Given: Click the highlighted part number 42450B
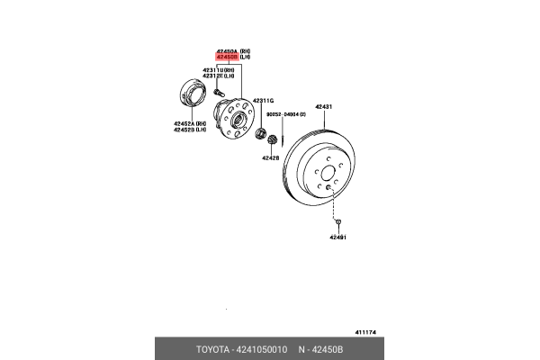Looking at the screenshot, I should click(226, 57).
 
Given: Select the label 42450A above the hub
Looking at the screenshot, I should click(226, 50).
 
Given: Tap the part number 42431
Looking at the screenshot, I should click(323, 107).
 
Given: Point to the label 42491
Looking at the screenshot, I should click(337, 237).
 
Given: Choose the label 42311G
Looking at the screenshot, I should click(262, 100).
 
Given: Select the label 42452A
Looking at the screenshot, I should click(188, 123).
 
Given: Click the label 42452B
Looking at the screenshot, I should click(188, 130).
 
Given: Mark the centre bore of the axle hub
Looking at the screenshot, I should click(238, 117).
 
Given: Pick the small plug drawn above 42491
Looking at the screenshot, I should click(337, 220).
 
